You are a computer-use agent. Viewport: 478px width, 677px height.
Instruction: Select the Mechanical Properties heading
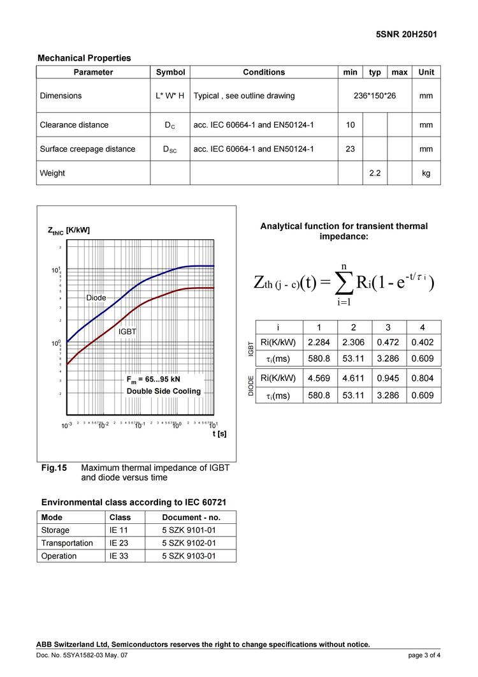84,58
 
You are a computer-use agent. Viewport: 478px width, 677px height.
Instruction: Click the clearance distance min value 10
351,125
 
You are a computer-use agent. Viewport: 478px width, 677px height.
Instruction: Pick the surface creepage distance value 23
351,149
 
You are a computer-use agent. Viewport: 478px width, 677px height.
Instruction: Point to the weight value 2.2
375,173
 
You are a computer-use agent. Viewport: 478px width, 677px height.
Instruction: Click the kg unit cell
426,173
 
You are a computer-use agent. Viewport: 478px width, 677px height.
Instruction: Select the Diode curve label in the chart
96,298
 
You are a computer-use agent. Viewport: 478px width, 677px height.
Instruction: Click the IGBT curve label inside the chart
127,332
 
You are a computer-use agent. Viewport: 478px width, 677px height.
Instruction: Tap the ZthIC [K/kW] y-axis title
69,230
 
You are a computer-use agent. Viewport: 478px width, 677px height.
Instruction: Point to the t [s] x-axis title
219,434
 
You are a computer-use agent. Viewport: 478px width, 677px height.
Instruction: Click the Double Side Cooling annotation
163,391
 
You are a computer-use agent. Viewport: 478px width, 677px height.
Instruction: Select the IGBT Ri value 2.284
319,342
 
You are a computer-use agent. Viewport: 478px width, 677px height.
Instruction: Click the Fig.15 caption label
54,468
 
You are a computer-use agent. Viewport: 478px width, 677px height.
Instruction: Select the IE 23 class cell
120,543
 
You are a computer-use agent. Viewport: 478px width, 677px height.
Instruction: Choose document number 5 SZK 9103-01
189,556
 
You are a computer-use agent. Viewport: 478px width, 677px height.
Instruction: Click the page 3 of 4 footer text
424,655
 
